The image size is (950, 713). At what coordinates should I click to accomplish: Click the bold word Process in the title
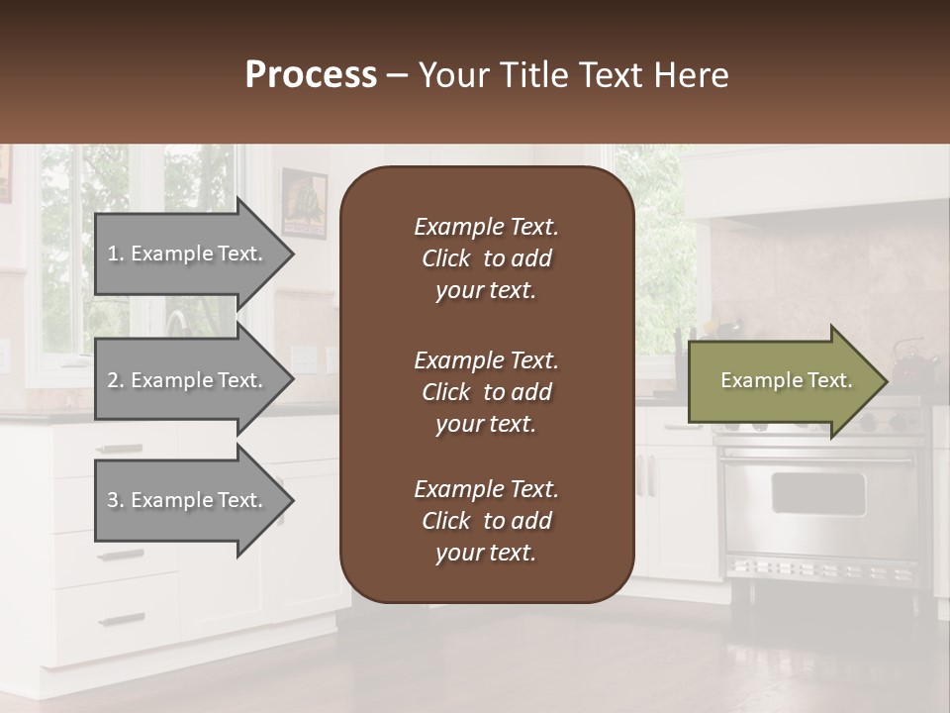pos(311,75)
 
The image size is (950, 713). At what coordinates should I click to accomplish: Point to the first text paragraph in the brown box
pos(486,258)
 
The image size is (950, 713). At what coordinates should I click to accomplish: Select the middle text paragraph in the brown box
pos(486,392)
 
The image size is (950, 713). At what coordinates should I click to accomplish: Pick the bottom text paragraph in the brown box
pos(486,521)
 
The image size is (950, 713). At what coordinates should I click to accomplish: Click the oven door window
pos(817,493)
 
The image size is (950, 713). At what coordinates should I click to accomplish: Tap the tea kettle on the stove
pos(912,366)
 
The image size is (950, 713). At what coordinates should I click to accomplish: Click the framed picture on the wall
pos(304,202)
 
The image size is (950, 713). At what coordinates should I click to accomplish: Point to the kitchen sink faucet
pos(176,322)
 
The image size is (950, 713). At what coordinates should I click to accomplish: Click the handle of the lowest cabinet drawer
pos(122,620)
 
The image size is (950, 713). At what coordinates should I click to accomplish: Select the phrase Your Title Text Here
pos(573,75)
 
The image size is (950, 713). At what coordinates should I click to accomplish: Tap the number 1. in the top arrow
pos(116,254)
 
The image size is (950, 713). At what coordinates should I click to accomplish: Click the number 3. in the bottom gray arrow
pos(116,500)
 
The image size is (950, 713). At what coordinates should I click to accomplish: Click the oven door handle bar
pos(817,458)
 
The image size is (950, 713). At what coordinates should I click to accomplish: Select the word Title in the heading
pos(532,75)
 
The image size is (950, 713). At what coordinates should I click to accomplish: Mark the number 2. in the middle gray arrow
pos(116,380)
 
